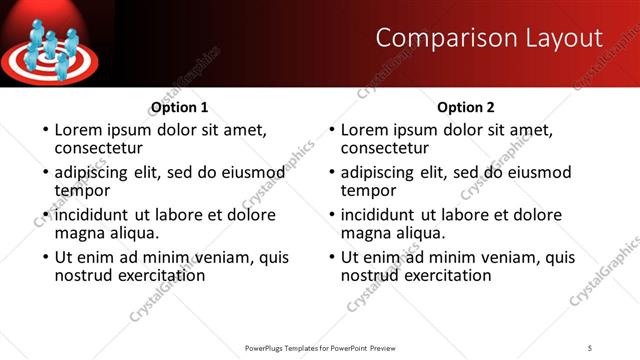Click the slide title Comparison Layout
click(x=489, y=38)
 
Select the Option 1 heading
click(x=179, y=107)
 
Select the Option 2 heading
click(x=466, y=107)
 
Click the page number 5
click(x=590, y=347)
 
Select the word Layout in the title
click(x=565, y=38)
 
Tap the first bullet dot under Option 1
click(x=43, y=131)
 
